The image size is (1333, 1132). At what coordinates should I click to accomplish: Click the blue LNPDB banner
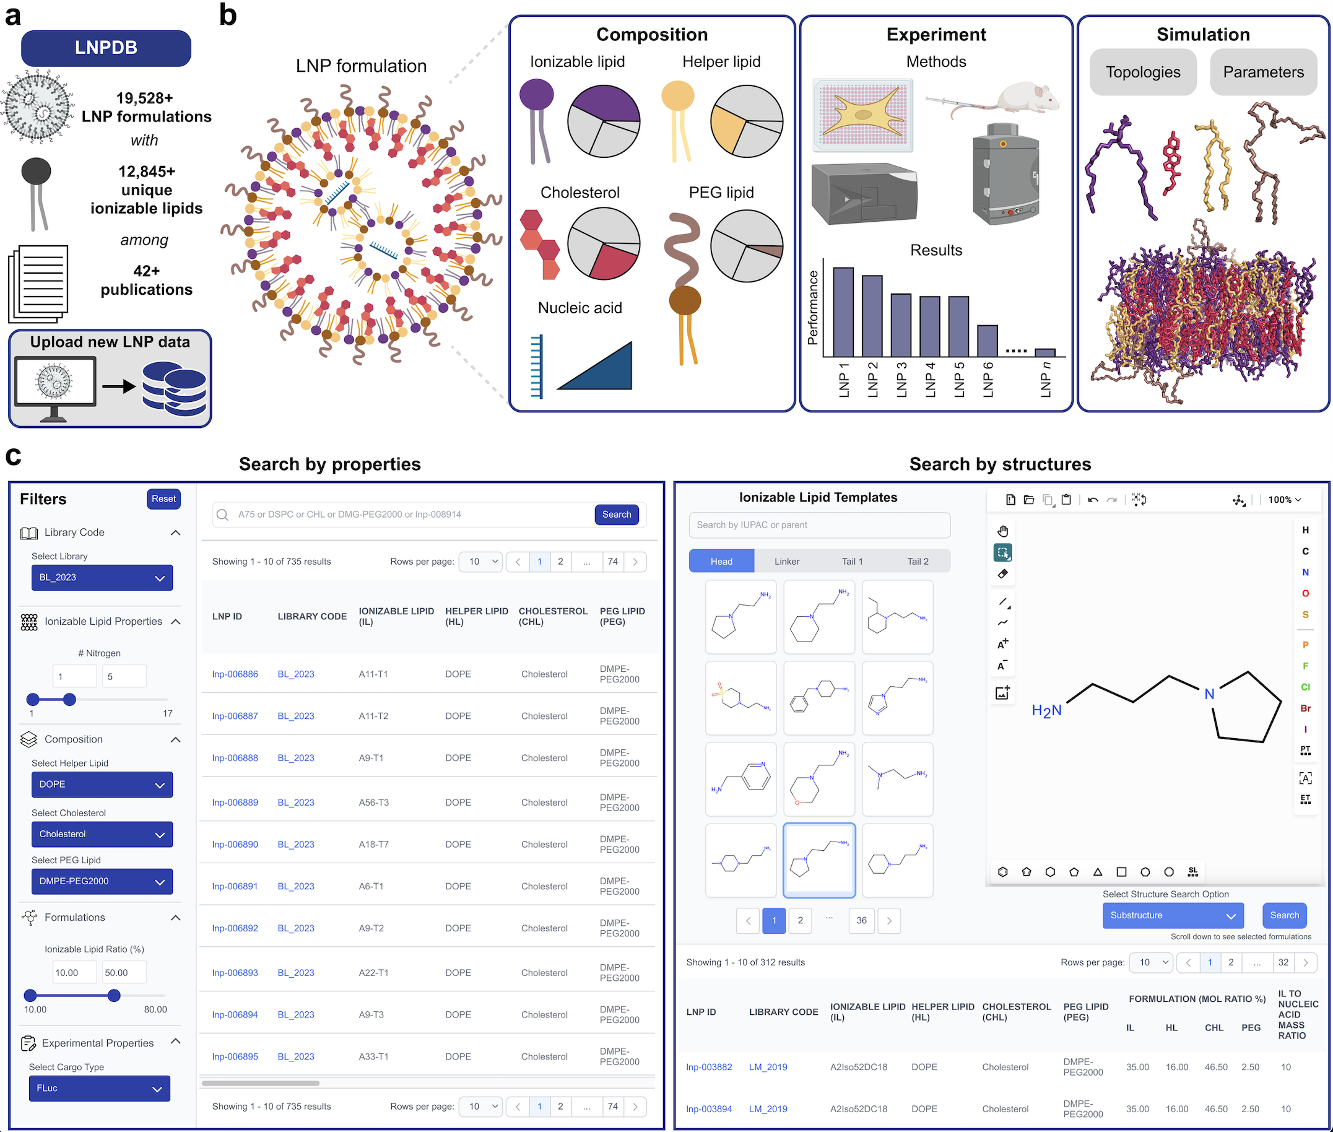pyautogui.click(x=106, y=48)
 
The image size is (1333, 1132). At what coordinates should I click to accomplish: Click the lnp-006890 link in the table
pyautogui.click(x=235, y=844)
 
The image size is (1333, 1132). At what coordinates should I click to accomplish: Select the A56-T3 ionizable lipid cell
pyautogui.click(x=373, y=802)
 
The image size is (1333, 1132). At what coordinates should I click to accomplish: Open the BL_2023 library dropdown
pyautogui.click(x=102, y=578)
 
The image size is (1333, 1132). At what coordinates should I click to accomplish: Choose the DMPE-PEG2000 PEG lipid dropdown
pyautogui.click(x=102, y=881)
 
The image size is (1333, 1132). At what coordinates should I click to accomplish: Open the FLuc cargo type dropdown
pyautogui.click(x=100, y=1089)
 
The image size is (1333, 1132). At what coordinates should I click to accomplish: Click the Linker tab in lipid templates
pyautogui.click(x=786, y=562)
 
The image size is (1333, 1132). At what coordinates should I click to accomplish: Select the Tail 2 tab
pyautogui.click(x=918, y=562)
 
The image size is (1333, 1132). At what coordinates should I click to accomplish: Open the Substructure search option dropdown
pyautogui.click(x=1172, y=915)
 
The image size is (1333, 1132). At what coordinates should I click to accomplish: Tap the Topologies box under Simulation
pyautogui.click(x=1142, y=72)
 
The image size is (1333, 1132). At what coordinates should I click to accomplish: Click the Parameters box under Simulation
pyautogui.click(x=1262, y=72)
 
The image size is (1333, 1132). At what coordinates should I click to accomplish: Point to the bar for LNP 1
pyautogui.click(x=843, y=312)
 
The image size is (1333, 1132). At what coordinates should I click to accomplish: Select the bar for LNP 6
pyautogui.click(x=987, y=341)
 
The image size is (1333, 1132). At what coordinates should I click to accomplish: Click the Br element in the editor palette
pyautogui.click(x=1305, y=708)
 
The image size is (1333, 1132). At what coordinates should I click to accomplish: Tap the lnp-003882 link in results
pyautogui.click(x=709, y=1067)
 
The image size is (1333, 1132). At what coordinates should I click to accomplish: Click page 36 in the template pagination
pyautogui.click(x=861, y=920)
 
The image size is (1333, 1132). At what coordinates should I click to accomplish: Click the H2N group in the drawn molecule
pyautogui.click(x=1046, y=710)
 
